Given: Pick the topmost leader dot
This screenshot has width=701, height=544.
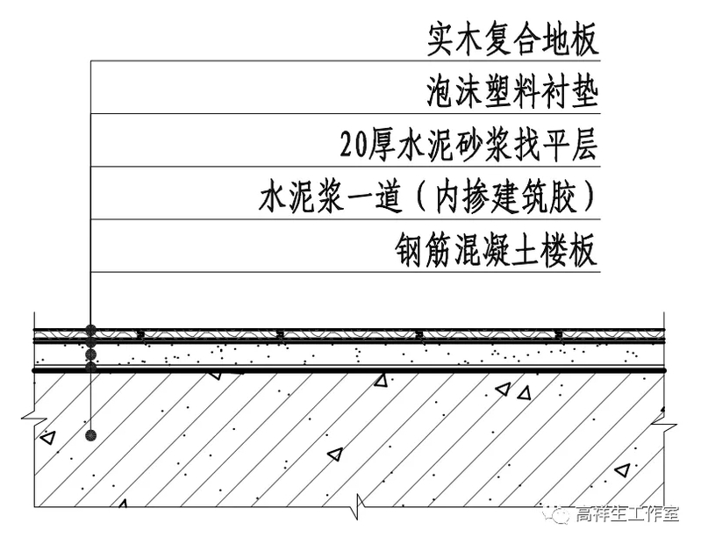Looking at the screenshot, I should pos(90,331).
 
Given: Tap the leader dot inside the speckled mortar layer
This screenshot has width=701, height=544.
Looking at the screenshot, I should pos(90,355).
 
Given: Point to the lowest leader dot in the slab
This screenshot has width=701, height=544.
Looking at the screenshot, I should pos(90,434).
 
